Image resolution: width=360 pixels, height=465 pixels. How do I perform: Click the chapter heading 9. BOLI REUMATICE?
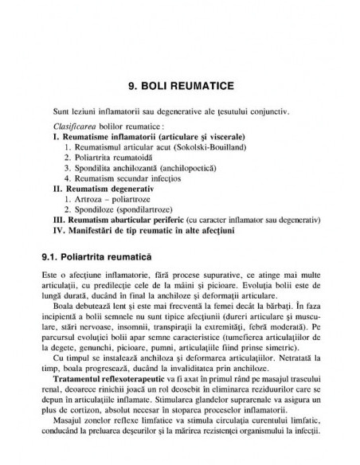point(179,82)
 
